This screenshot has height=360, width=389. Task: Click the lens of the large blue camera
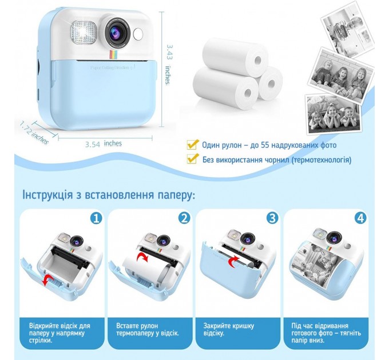point(117,32)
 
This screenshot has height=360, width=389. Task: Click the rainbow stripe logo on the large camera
point(114,55)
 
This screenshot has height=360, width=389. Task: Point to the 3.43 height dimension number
point(170,52)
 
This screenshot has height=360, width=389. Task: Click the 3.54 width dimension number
point(93,144)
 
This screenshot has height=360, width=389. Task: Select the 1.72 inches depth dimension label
point(34,133)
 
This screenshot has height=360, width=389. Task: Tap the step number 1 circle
point(96,218)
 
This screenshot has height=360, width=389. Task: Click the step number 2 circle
point(184,218)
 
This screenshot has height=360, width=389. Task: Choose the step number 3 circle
point(272,218)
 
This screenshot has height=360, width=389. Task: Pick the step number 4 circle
point(360,218)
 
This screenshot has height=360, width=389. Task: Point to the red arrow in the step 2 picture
point(142,258)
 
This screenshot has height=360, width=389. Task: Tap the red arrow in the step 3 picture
point(233,262)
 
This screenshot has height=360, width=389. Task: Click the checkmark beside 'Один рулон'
point(193,145)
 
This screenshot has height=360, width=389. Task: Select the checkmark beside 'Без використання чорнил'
point(193,158)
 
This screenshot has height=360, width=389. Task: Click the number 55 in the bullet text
point(265,145)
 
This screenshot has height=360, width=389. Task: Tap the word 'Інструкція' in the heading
point(47,195)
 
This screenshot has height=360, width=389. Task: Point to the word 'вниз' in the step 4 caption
point(317,340)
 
